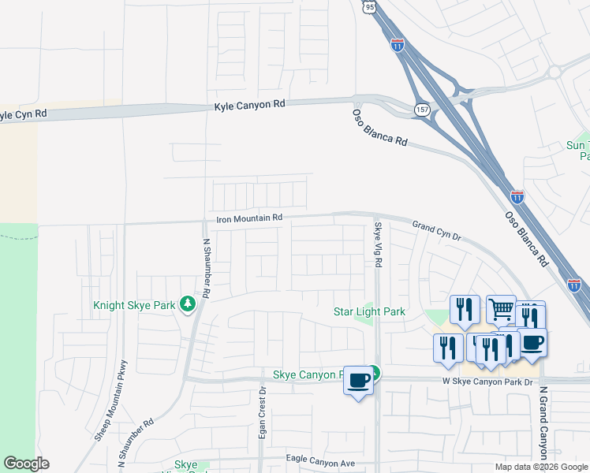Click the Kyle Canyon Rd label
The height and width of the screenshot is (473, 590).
(x=249, y=104)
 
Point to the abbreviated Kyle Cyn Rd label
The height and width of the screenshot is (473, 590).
(x=22, y=115)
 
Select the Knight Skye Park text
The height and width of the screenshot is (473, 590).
(x=135, y=304)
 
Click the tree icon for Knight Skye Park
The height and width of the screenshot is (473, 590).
(x=187, y=304)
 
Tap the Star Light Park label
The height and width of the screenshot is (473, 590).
(x=369, y=311)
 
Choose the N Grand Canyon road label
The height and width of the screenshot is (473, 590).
(x=543, y=423)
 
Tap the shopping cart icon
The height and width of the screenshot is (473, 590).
(x=501, y=309)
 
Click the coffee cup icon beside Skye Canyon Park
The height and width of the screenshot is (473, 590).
(x=359, y=382)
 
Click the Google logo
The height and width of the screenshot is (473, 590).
(x=26, y=464)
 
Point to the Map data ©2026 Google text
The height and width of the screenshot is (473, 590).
(x=541, y=467)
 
